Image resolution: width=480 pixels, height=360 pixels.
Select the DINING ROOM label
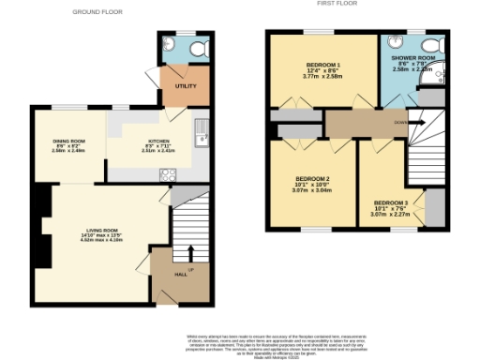(69, 142)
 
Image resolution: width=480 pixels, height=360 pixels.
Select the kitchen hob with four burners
(168, 173)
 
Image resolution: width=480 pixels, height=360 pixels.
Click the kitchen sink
(201, 141)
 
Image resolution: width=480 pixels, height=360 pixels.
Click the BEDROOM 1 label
(323, 65)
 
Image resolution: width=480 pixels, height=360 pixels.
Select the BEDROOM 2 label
(312, 178)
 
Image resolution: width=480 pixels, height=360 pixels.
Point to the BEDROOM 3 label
(390, 203)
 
